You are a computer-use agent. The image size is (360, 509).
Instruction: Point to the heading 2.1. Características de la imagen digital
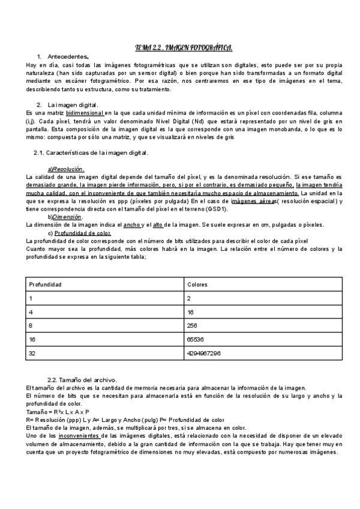point(91,153)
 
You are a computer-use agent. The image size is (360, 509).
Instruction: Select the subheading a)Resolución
point(66,169)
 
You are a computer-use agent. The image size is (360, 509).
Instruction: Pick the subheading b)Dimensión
point(65,217)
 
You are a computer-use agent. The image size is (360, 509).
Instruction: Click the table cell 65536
point(196,339)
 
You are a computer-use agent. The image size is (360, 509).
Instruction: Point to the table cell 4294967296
point(204,354)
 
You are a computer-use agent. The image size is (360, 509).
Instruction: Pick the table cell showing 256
point(193,325)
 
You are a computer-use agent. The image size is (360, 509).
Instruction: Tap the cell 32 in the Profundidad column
point(32,354)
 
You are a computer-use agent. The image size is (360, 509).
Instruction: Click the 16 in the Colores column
point(190,312)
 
